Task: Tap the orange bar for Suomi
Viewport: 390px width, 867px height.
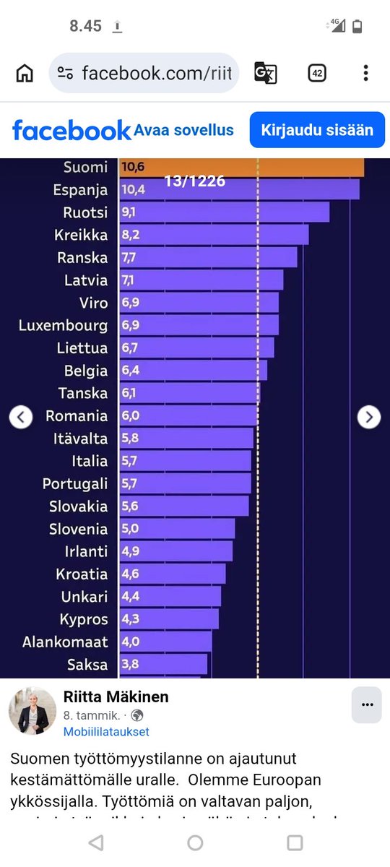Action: [x=241, y=167]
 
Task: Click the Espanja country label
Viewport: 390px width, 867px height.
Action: [x=80, y=190]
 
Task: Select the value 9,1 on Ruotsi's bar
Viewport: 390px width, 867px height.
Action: [x=129, y=212]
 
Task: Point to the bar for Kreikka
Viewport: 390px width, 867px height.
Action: [x=214, y=235]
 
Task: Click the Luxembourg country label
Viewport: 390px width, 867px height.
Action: [x=63, y=325]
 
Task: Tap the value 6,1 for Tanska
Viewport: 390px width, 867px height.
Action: [x=129, y=393]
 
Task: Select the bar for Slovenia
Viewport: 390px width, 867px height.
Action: [x=177, y=529]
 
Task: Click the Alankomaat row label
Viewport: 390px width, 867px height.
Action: [x=65, y=642]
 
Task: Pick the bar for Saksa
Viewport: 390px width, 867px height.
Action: [x=163, y=664]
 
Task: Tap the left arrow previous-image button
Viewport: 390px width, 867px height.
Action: [x=21, y=417]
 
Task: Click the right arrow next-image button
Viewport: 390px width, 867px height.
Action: [x=369, y=417]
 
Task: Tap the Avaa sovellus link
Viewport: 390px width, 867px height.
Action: [x=184, y=130]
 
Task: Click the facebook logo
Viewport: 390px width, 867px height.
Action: [x=71, y=131]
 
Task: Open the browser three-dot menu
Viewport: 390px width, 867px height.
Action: [x=365, y=73]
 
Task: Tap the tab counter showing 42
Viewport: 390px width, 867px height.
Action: [x=316, y=73]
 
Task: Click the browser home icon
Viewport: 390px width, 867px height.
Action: [x=25, y=73]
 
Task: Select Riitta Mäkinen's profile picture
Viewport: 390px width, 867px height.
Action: [x=32, y=711]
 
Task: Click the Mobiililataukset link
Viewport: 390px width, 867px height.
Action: [x=106, y=731]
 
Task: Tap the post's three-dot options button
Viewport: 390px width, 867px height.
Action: [x=366, y=704]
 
